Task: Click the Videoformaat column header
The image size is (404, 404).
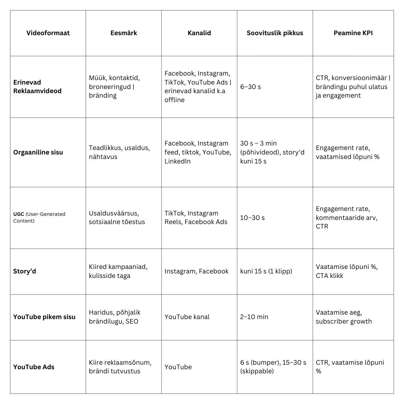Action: coord(48,33)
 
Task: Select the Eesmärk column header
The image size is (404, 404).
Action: coord(123,33)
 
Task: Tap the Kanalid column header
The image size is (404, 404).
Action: coord(199,33)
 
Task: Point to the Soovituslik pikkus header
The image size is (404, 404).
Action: coord(275,33)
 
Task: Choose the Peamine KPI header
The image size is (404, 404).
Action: coord(353,33)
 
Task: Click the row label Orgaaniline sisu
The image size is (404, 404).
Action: coord(38,152)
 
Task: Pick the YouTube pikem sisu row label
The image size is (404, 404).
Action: coord(44,317)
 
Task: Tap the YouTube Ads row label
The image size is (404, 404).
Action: coord(34,367)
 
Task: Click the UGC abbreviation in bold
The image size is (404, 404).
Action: coord(19,214)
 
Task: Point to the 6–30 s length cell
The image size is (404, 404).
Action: coord(251,87)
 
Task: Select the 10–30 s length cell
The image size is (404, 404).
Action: coord(252,218)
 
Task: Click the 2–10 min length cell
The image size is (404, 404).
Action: coord(254,317)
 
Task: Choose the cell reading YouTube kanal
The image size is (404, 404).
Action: coord(187,317)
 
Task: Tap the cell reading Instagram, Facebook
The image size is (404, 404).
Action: coord(196,271)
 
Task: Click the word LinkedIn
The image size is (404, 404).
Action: coord(177,161)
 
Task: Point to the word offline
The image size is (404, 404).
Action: coord(174,100)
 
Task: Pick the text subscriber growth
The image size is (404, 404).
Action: coord(344,321)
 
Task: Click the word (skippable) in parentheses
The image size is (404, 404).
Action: coord(257,371)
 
